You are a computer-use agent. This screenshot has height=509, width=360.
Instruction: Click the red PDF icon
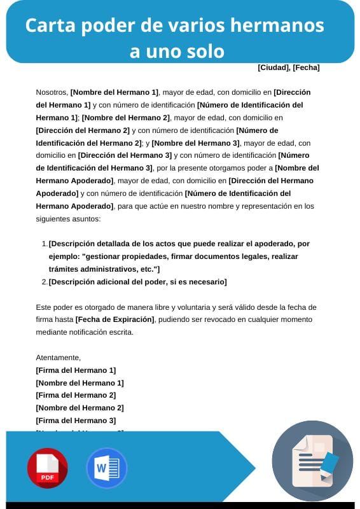[x=47, y=468]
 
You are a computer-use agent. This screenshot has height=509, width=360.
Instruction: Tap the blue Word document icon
[x=106, y=468]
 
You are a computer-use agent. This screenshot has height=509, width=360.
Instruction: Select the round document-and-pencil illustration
[x=312, y=461]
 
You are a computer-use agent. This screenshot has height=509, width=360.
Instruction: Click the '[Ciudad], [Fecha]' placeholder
[x=288, y=67]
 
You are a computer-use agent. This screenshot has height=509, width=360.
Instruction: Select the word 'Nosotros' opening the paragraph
[x=52, y=92]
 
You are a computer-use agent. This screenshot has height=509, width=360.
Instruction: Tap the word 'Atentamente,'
[x=59, y=358]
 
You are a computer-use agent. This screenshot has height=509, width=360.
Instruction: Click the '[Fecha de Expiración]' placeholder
[x=114, y=319]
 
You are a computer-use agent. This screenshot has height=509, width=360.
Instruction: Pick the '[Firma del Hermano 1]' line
[x=76, y=370]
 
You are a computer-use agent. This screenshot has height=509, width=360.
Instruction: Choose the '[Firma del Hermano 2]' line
[x=76, y=395]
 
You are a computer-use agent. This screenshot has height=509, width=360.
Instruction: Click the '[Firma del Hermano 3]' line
[x=76, y=420]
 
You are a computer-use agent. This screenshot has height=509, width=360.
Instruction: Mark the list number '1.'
[x=44, y=244]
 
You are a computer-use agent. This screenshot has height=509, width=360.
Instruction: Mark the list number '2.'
[x=44, y=282]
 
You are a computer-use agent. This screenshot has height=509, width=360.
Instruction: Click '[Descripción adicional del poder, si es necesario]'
[x=137, y=282]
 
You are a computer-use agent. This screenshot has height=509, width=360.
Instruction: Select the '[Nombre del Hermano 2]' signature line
[x=80, y=408]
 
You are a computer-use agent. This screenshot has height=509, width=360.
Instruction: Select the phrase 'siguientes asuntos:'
[x=68, y=219]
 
